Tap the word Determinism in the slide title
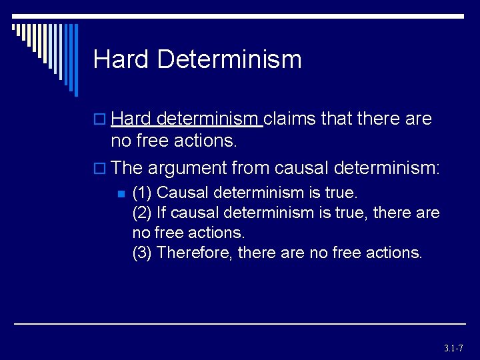tap(230, 59)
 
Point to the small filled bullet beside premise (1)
tap(121, 194)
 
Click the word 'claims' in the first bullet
tap(291, 119)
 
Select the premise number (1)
tap(143, 193)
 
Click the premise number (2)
tap(143, 213)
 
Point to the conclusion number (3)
tap(143, 253)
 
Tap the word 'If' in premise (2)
tap(161, 213)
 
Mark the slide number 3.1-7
tap(453, 348)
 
